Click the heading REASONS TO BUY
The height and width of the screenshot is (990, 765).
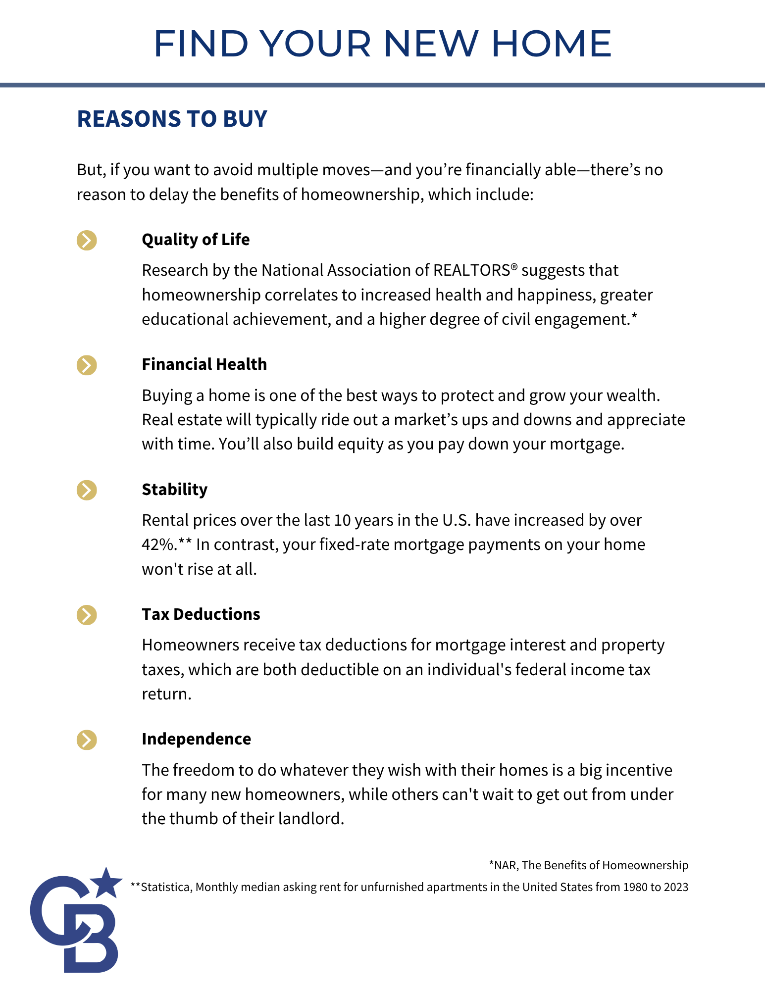(x=172, y=119)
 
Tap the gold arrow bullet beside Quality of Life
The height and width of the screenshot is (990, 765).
(x=87, y=240)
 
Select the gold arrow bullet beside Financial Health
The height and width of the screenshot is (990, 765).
(x=87, y=365)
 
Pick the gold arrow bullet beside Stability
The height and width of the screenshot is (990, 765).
(x=87, y=490)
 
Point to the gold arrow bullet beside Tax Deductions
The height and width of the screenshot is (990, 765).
(x=87, y=615)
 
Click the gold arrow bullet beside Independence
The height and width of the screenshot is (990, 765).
(x=87, y=740)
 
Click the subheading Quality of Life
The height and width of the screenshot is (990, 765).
(x=196, y=240)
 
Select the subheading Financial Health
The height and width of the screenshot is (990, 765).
(x=204, y=364)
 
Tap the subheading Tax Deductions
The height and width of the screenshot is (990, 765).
(x=201, y=614)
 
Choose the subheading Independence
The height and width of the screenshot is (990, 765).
(x=196, y=739)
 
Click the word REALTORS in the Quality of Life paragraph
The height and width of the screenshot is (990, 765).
(x=471, y=270)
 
